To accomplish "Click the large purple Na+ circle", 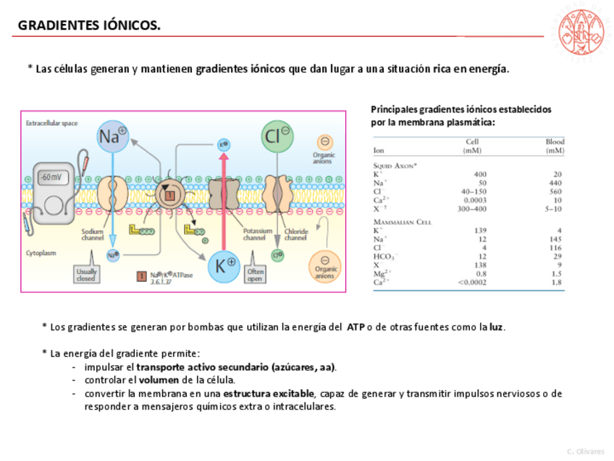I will [113, 136].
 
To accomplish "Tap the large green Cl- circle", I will [277, 136].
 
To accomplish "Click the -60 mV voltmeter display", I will [51, 177].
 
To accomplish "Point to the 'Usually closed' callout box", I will [85, 274].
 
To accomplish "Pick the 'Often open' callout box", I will [255, 274].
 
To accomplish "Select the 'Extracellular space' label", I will [52, 123].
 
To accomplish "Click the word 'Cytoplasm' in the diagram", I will [41, 253].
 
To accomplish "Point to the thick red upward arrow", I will [223, 196].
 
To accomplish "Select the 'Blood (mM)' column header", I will [555, 146].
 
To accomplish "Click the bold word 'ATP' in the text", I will [356, 327].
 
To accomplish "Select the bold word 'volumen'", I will [159, 380].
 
